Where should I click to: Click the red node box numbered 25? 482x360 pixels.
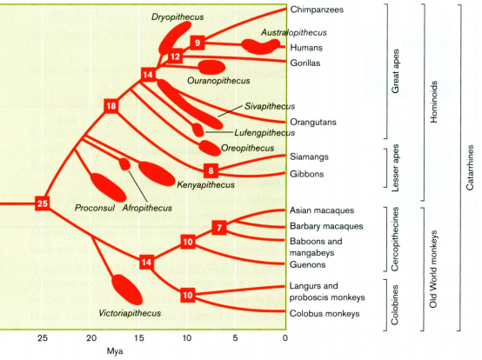coord(43,203)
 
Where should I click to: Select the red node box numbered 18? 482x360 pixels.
coord(111,106)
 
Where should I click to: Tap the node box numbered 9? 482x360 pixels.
coord(198,43)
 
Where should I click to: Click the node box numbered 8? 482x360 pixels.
coord(210,170)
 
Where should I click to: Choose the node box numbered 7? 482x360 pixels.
coord(220,227)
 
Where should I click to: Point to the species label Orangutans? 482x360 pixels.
coord(315,122)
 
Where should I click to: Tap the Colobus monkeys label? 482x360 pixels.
coord(325,313)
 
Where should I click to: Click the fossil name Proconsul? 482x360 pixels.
coord(95,208)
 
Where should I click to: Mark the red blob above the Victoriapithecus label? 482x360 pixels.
coord(126,289)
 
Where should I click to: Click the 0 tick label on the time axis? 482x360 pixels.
coord(285,337)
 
